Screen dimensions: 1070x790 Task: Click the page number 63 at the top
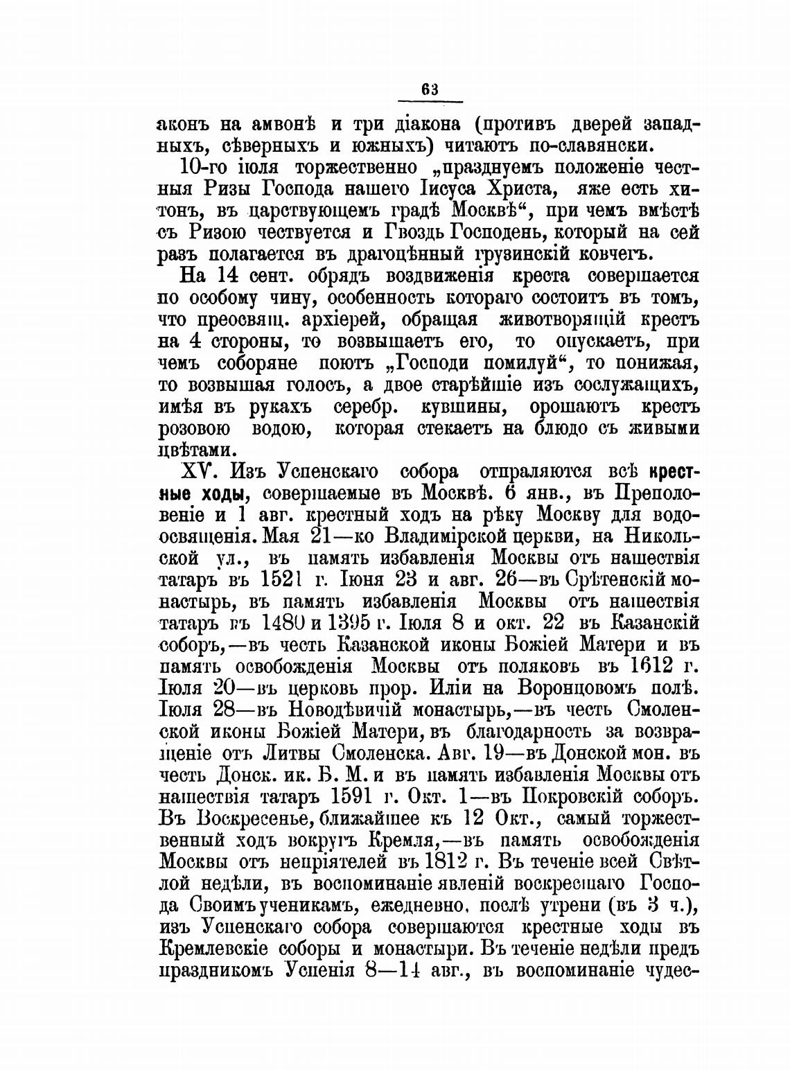429,89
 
